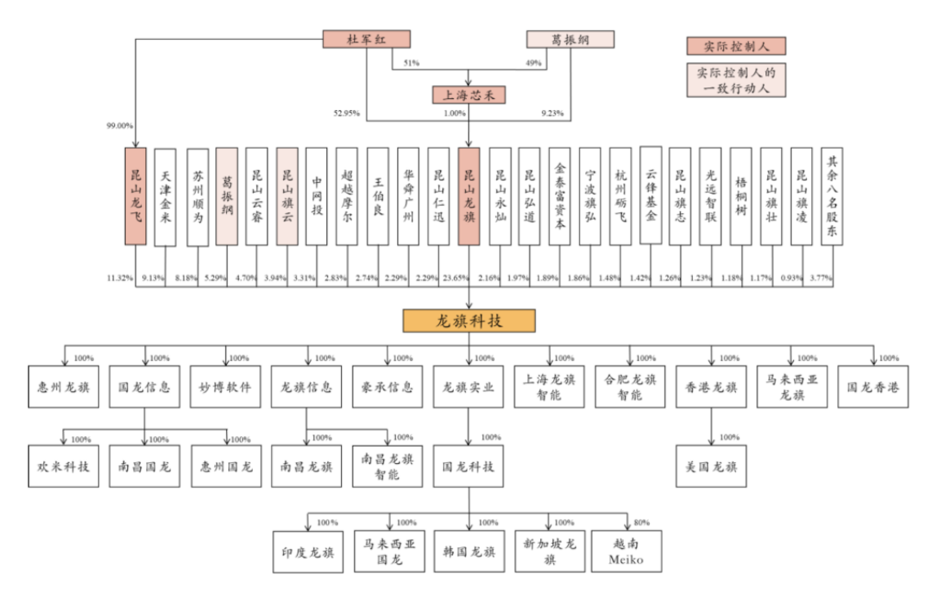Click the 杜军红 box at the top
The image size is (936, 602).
tap(366, 39)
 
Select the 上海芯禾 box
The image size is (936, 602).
tap(468, 95)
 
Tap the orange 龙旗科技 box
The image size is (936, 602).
tap(468, 321)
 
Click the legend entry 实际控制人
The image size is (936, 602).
tap(736, 46)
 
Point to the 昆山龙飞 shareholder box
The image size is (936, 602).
tap(135, 197)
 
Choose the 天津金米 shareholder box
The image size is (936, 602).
tap(166, 197)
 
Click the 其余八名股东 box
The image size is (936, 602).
tap(832, 197)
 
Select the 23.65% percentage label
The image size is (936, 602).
tap(455, 278)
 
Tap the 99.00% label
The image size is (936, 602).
tap(119, 126)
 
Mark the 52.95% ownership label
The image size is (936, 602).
tap(346, 113)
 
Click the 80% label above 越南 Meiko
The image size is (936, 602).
tap(641, 523)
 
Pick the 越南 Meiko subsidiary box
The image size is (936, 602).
tap(626, 551)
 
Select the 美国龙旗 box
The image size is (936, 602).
tap(711, 466)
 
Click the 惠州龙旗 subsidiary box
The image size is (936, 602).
tap(64, 387)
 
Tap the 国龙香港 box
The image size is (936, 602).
tap(872, 387)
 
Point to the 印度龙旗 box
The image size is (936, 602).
tap(308, 552)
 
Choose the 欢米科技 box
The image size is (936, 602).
tap(64, 466)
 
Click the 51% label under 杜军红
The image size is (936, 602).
tap(411, 63)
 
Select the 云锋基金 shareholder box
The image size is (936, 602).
tap(650, 195)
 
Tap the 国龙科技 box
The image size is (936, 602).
tap(468, 466)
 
